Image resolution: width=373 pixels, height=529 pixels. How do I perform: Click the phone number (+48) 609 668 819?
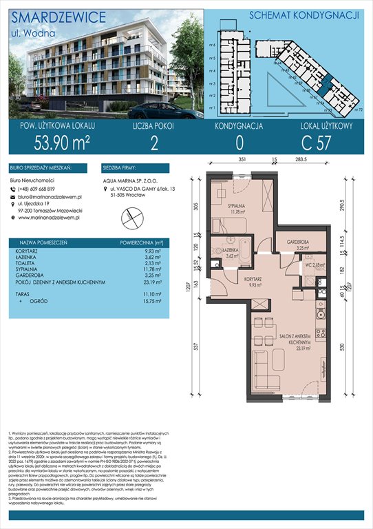pyautogui.click(x=46, y=189)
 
